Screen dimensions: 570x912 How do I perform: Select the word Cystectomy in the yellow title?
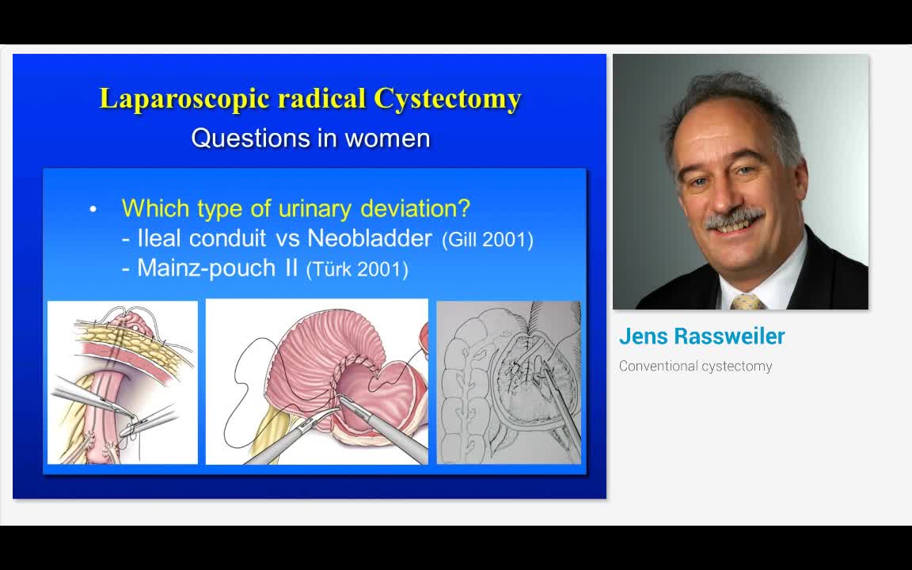[447, 99]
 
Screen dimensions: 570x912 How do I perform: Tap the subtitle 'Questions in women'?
[310, 139]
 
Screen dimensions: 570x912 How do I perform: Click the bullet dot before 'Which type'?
[93, 210]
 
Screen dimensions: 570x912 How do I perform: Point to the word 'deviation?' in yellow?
[415, 209]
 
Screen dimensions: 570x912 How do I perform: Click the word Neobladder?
[370, 238]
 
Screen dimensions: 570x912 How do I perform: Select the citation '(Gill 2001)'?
[487, 240]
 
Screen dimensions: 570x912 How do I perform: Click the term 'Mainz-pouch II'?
[217, 268]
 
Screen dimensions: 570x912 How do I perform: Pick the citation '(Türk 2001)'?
[357, 269]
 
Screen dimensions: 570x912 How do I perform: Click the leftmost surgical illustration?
[123, 382]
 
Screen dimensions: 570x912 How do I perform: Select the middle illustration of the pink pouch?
[317, 382]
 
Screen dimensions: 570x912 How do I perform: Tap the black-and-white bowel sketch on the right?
[508, 382]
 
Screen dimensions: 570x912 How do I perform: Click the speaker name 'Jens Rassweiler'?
[701, 336]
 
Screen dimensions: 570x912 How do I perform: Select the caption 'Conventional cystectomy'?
[695, 366]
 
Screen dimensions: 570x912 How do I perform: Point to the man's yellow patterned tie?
[747, 302]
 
